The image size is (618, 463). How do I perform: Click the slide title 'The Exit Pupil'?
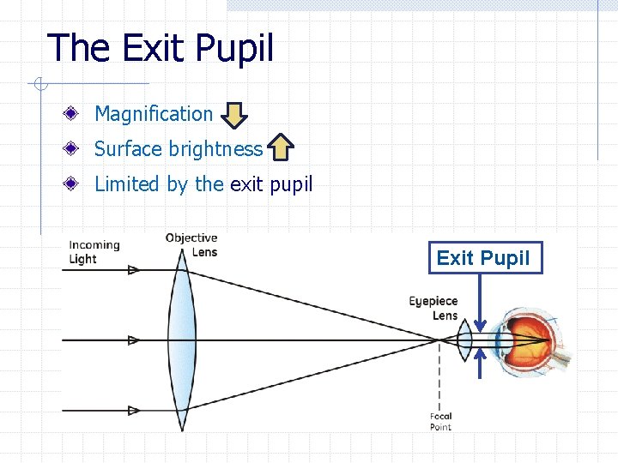coord(161,48)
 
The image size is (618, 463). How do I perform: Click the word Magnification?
coord(154,114)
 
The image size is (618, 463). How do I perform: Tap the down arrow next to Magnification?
coord(235,115)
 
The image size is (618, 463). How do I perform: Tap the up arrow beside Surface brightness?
coord(281,147)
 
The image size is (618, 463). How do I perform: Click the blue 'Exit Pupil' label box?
coord(485,257)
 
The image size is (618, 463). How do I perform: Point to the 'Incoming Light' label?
coord(94,251)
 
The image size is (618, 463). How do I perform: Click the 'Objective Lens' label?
coord(191,244)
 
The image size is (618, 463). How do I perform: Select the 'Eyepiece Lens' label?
coord(433,308)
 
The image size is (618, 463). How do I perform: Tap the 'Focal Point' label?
coord(440,421)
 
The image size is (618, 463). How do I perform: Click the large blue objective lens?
coord(182,340)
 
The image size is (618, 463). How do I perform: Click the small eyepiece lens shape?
coord(464,340)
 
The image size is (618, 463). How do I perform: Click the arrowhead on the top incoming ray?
coord(133,270)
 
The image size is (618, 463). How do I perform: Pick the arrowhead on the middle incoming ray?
coord(133,340)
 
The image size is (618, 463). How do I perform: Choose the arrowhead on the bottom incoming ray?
coord(133,411)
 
